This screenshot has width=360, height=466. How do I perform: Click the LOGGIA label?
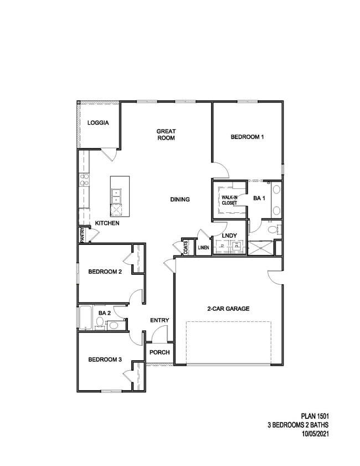(x=98, y=122)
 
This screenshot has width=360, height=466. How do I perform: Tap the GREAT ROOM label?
(x=166, y=135)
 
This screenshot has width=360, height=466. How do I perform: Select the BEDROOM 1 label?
(x=246, y=137)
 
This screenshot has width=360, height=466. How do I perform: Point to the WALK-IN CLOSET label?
(x=229, y=200)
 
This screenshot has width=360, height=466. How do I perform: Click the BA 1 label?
(x=259, y=198)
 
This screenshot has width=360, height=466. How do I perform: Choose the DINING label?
(x=180, y=199)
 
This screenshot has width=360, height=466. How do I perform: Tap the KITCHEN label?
(x=107, y=223)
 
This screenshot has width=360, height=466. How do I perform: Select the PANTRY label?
(x=82, y=235)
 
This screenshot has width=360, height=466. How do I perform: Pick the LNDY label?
(x=229, y=235)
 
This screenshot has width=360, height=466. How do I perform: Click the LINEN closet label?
(x=203, y=248)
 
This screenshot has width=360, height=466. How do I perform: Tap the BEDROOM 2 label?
(x=105, y=272)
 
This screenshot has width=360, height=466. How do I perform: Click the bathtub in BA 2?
(x=85, y=318)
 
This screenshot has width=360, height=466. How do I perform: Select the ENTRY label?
(x=160, y=320)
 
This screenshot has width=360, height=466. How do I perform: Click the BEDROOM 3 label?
(x=105, y=360)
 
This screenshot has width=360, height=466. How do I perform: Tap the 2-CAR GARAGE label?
(x=228, y=309)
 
